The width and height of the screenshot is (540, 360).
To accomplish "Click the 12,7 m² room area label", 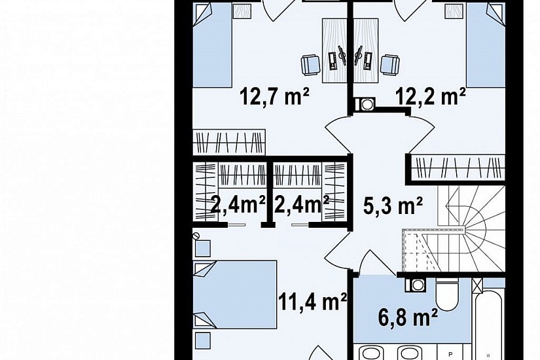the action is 274,96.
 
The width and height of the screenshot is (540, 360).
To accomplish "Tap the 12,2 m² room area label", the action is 431,96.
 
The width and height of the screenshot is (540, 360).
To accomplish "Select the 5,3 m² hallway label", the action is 393,206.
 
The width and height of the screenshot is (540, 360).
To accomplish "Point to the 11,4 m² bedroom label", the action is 312,302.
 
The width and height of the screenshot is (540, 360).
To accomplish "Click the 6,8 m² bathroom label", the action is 408,317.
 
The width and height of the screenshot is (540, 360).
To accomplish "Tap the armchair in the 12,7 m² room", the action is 311,65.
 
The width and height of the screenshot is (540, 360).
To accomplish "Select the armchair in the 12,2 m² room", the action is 390,64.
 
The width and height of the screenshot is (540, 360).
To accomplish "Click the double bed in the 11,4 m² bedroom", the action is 235,295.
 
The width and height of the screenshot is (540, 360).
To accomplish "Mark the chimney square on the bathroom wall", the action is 418,285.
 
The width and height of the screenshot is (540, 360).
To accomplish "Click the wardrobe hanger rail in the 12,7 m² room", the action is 229,142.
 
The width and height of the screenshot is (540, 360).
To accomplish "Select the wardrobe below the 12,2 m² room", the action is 458,166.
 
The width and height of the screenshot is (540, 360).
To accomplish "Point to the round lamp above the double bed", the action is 196,236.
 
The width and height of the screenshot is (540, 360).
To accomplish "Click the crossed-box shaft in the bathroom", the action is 477,284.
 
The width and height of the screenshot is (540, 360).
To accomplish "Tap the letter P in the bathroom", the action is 450,354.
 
